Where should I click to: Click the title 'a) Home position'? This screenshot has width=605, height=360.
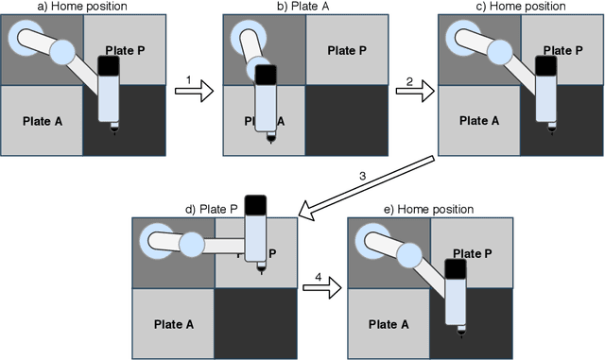81,8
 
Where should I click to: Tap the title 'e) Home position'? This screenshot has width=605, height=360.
430,208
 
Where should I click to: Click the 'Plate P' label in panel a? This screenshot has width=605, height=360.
123,50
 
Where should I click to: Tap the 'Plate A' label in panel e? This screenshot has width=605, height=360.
390,323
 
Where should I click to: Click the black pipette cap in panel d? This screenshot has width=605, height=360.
257,204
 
